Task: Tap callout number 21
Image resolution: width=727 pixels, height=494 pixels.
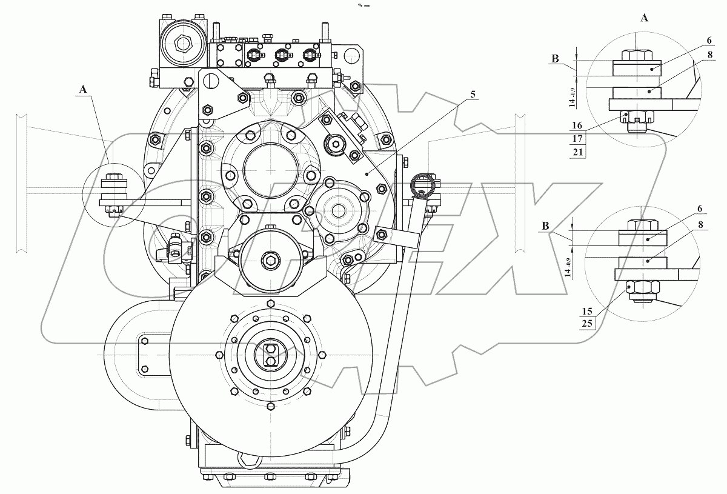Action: pos(577,152)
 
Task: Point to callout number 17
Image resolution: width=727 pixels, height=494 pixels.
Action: pos(577,139)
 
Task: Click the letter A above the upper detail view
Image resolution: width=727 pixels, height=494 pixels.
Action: pos(645,19)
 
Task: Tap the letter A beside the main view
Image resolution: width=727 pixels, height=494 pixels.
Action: pos(82,89)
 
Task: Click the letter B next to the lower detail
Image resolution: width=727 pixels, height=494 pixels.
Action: pos(548,227)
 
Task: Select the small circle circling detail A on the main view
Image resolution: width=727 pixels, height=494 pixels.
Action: pos(113,193)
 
